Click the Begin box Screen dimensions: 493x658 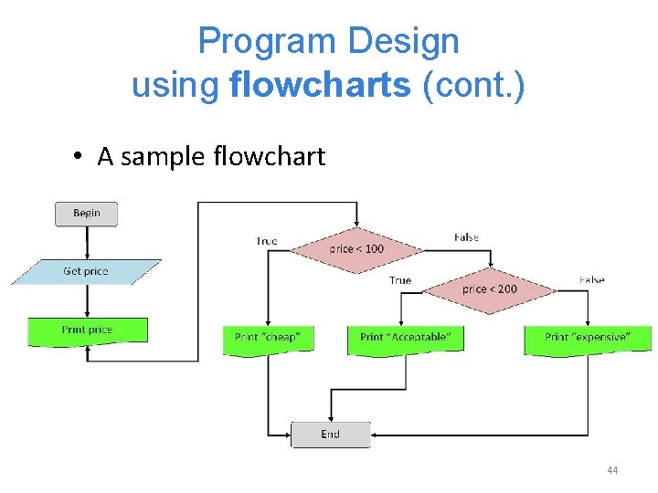click(x=87, y=214)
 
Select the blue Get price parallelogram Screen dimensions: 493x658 click(x=86, y=272)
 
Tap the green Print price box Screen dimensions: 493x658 click(x=88, y=330)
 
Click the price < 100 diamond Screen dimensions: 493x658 click(x=356, y=248)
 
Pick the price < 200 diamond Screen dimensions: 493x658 click(x=490, y=289)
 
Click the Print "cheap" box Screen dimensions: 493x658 click(x=268, y=338)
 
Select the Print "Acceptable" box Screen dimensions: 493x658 click(x=406, y=338)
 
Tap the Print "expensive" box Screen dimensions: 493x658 click(x=588, y=338)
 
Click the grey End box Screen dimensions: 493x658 click(x=331, y=435)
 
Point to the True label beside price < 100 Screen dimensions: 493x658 click(x=267, y=241)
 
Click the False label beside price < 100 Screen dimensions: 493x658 click(x=466, y=237)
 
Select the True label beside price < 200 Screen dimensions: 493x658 click(x=400, y=280)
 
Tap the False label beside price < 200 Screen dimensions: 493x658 click(x=591, y=279)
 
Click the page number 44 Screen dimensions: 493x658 click(x=612, y=470)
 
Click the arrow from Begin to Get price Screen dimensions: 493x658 click(x=87, y=242)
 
